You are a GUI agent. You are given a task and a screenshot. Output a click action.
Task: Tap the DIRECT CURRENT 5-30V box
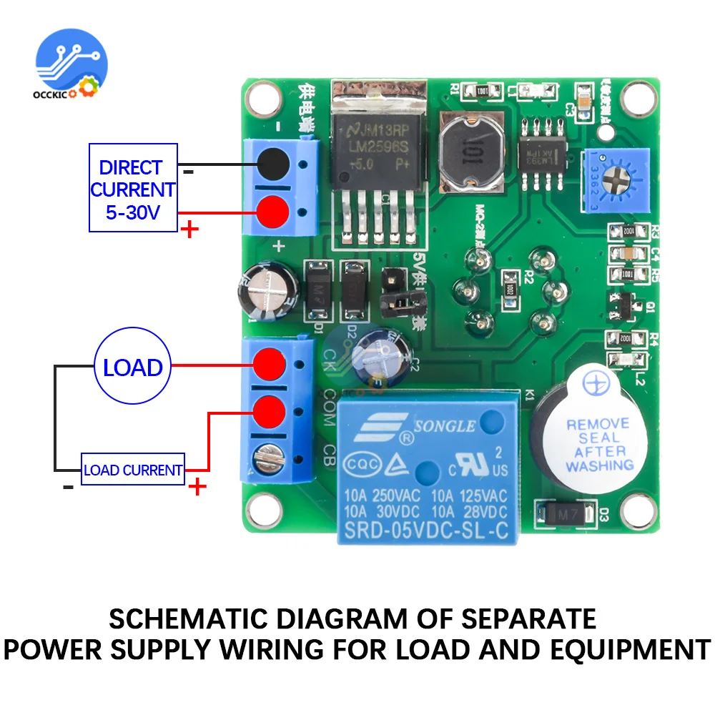click(132, 188)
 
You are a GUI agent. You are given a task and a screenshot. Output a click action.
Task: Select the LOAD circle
click(132, 368)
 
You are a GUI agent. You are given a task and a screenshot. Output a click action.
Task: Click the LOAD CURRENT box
click(133, 470)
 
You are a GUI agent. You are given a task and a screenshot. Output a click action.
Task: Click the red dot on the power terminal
click(272, 211)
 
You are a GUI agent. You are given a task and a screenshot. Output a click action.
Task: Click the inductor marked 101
click(471, 152)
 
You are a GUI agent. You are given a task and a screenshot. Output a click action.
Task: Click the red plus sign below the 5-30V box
click(190, 230)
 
